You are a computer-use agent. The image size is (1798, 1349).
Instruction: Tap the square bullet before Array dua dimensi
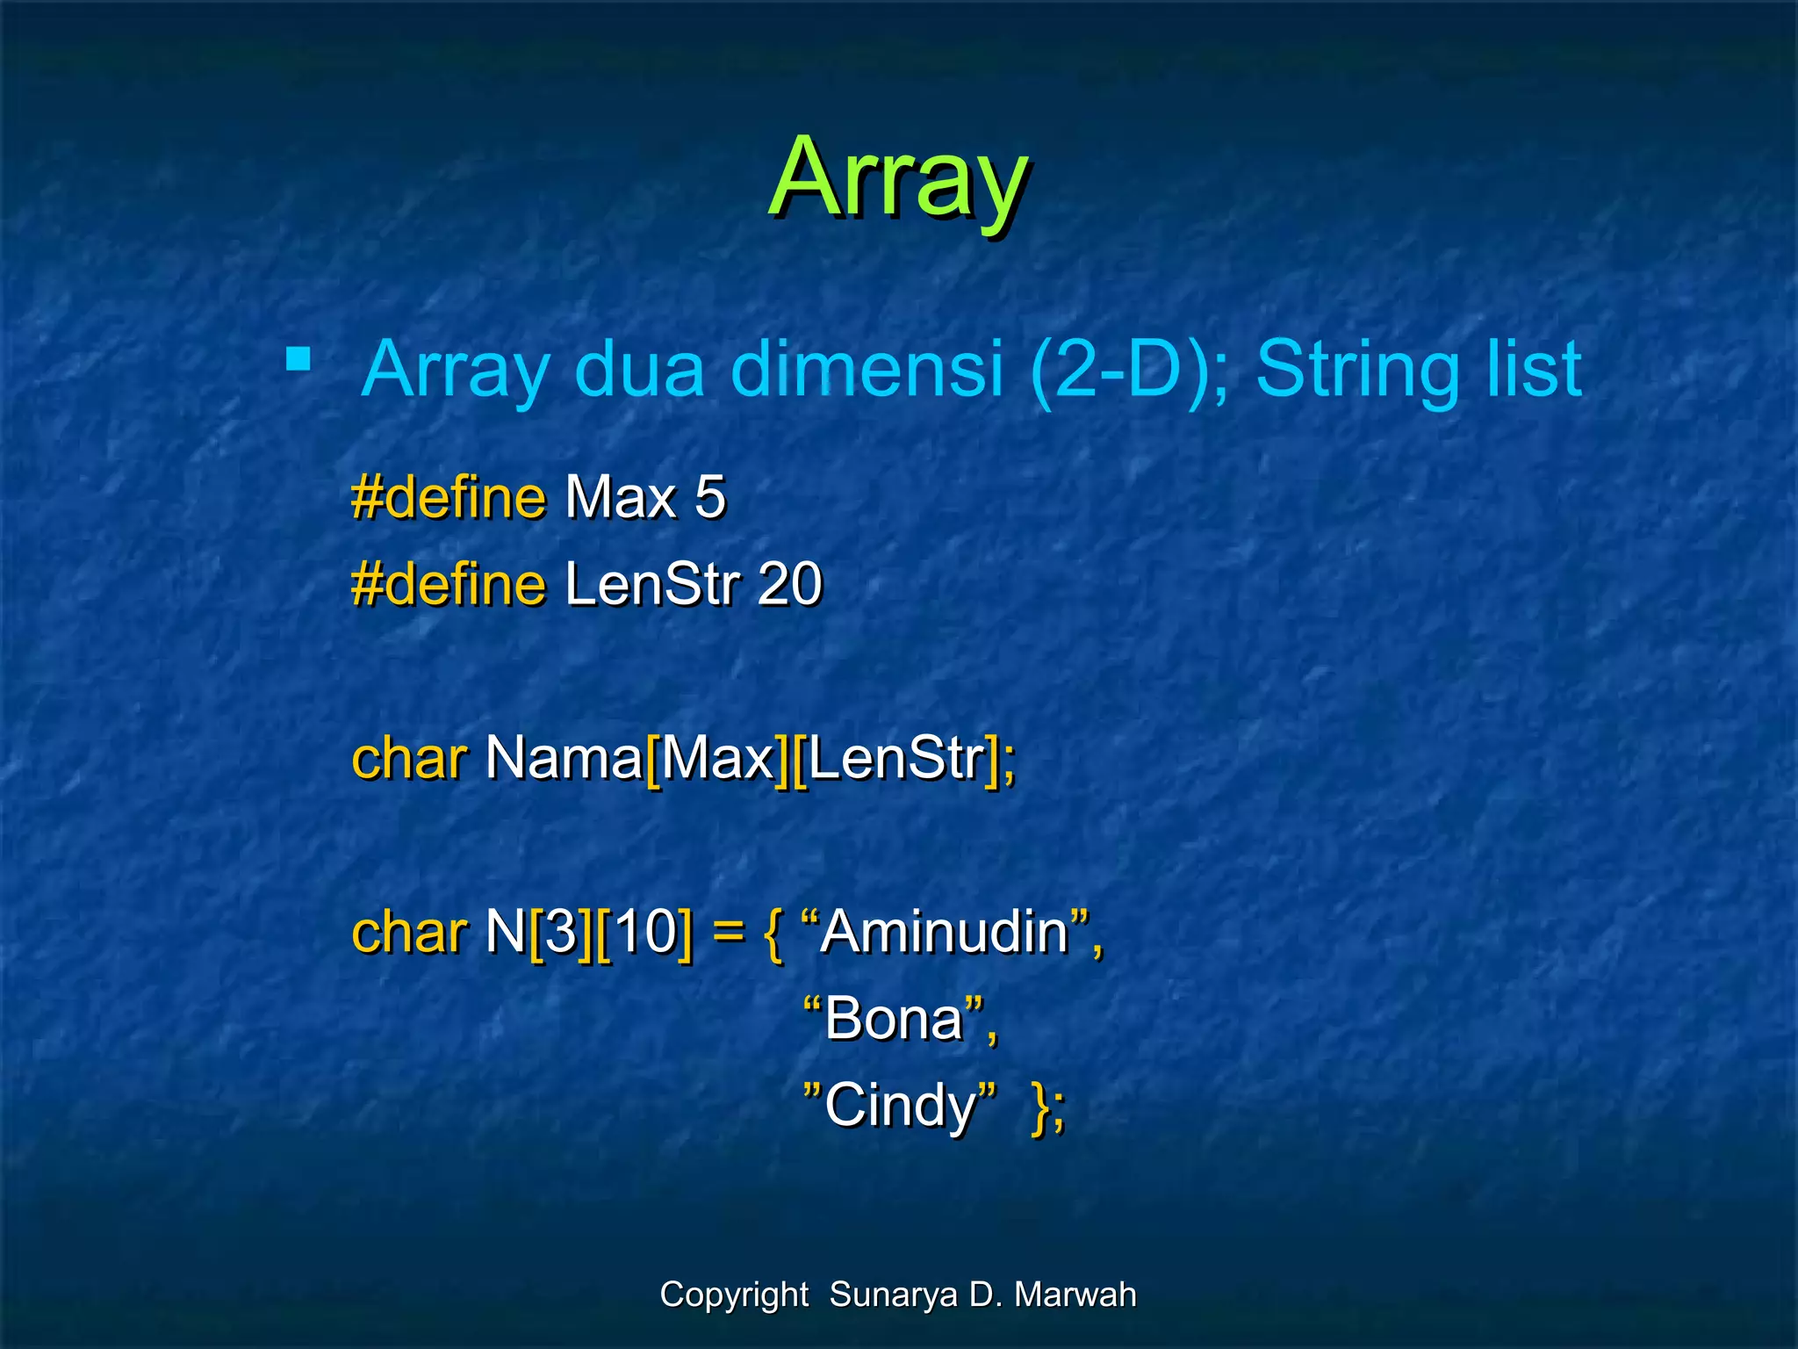[x=298, y=359]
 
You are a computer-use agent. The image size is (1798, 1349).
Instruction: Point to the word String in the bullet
[x=1357, y=370]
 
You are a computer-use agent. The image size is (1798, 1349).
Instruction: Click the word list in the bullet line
[x=1533, y=370]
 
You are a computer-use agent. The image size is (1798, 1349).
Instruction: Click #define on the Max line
[x=448, y=497]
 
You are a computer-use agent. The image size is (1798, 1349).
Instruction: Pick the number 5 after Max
[x=709, y=497]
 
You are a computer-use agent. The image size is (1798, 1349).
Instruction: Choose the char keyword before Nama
[x=408, y=757]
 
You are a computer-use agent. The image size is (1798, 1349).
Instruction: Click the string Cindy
[x=899, y=1105]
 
